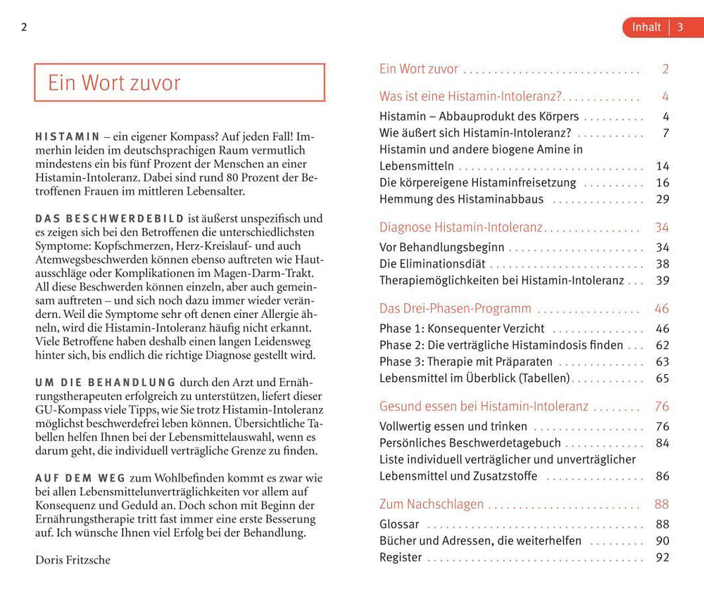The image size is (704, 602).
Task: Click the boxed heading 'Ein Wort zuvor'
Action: (114, 83)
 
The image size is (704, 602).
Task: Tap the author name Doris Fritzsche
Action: (73, 560)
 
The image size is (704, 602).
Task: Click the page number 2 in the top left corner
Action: (24, 27)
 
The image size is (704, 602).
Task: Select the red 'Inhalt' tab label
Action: (646, 27)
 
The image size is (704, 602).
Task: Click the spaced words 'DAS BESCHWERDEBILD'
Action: (110, 218)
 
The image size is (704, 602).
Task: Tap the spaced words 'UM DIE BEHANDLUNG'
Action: (106, 383)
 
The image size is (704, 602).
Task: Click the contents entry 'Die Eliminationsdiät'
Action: (432, 264)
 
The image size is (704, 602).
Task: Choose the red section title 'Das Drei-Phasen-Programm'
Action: (455, 309)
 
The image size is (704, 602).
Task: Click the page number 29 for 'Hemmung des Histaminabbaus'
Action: (662, 199)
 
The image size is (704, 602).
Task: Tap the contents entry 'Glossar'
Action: (399, 524)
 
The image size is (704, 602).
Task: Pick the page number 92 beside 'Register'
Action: (662, 558)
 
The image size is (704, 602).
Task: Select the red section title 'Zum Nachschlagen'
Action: (432, 504)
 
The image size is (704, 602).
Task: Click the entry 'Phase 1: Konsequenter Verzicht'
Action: (462, 328)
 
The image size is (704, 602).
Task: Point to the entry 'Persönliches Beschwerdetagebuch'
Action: (470, 443)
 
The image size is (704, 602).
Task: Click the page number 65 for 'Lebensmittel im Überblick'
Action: (662, 378)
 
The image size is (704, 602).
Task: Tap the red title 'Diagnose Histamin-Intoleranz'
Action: (460, 227)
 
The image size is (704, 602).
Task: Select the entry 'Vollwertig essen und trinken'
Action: (453, 426)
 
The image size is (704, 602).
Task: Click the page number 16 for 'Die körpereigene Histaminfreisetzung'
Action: (662, 183)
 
